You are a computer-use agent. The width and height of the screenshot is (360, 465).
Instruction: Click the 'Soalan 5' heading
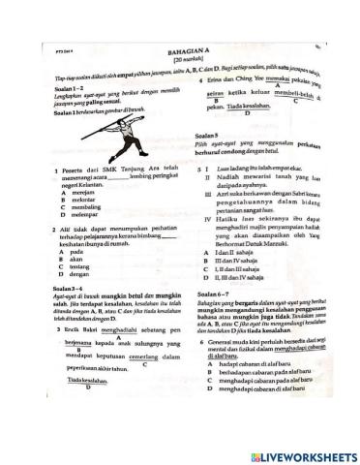pos(210,137)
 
